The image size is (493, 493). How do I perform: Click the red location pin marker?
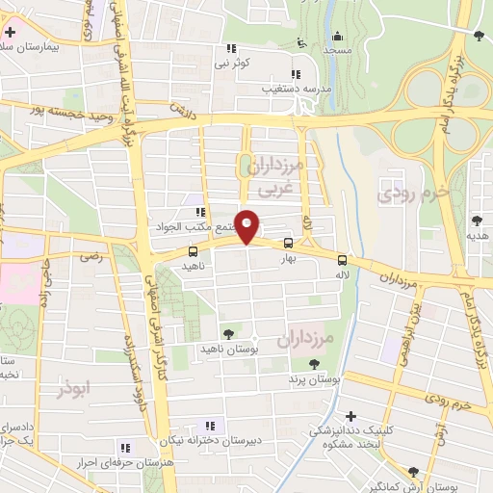(x=247, y=225)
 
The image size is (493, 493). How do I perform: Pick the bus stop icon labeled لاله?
(x=342, y=259)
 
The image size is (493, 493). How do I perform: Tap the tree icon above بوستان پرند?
(x=314, y=363)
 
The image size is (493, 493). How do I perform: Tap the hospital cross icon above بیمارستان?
(x=10, y=33)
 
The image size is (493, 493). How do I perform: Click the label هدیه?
(x=480, y=235)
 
